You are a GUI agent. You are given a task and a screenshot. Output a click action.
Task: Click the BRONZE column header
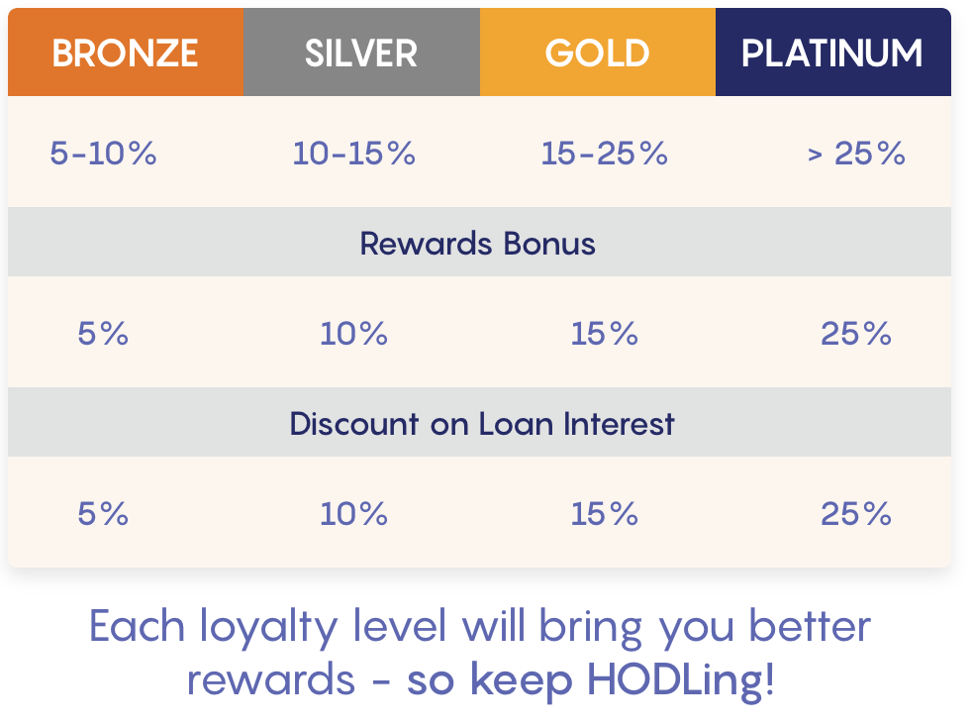(x=126, y=52)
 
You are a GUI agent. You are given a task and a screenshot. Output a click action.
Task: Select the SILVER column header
(x=361, y=52)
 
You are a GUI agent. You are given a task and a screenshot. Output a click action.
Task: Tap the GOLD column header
(x=598, y=52)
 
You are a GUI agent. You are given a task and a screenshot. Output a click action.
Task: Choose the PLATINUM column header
(x=832, y=52)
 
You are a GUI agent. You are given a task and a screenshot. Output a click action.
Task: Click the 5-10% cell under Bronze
(x=104, y=153)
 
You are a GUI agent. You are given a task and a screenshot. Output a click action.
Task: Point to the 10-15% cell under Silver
(x=353, y=153)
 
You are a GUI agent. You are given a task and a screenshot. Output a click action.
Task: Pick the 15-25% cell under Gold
(x=605, y=153)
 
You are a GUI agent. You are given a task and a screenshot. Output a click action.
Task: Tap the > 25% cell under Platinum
(x=856, y=153)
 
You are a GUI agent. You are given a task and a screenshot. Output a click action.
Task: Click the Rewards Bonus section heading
(x=478, y=243)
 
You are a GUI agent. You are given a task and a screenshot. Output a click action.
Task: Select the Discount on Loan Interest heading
(x=482, y=424)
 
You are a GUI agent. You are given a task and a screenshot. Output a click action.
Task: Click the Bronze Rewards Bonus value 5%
(x=103, y=334)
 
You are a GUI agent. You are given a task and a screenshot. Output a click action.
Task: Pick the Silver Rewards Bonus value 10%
(x=353, y=334)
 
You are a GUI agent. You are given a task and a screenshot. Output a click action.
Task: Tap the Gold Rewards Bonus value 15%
(x=605, y=334)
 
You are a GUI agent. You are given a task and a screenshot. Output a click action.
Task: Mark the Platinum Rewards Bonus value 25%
(x=856, y=334)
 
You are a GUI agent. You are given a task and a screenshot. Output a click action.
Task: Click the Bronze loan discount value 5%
(x=103, y=514)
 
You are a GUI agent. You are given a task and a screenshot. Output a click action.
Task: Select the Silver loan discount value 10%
(x=353, y=514)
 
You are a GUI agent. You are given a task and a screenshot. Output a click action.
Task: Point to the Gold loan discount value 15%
(x=605, y=514)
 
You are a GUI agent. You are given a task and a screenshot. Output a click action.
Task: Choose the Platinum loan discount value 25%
(x=856, y=514)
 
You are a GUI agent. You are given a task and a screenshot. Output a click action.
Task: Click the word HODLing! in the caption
(x=681, y=681)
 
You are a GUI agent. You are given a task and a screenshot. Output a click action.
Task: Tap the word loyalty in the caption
(x=268, y=627)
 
